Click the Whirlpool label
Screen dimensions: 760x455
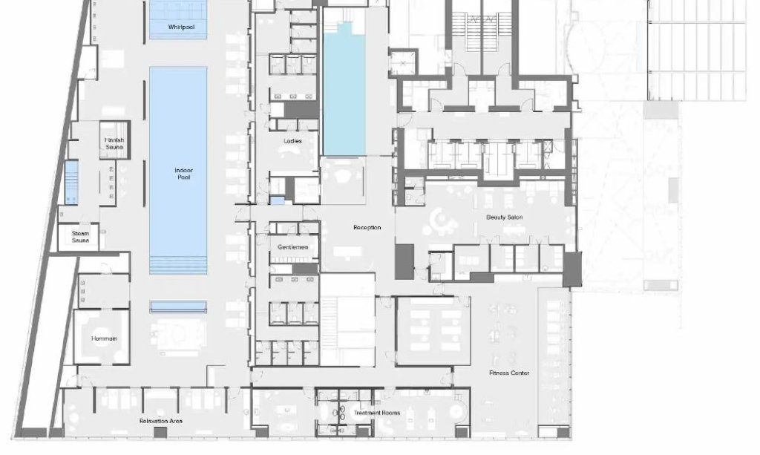coord(181,27)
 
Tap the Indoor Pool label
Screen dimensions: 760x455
coord(184,174)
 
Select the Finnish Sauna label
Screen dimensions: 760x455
coord(114,143)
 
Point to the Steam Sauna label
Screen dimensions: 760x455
coord(80,237)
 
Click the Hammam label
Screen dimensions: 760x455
coord(104,338)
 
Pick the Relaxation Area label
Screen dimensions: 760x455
coord(161,421)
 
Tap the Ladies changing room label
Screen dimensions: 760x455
coord(292,141)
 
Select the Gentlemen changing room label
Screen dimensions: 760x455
coord(292,247)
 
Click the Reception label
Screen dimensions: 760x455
coord(367,227)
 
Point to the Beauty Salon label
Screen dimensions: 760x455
coord(505,217)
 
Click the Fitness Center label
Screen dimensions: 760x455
coord(509,373)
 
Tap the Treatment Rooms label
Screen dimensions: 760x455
coord(377,413)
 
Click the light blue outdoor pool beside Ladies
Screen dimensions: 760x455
coord(344,90)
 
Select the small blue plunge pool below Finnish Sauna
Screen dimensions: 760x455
coord(71,183)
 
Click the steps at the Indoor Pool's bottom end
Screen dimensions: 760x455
coord(178,266)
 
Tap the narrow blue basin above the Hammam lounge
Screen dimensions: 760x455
coord(178,307)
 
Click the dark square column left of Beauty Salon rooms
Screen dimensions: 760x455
coord(404,262)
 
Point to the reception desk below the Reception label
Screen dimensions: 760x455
coord(347,252)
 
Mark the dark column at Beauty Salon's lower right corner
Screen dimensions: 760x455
coord(572,269)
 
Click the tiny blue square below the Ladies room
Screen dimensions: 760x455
coord(278,200)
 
